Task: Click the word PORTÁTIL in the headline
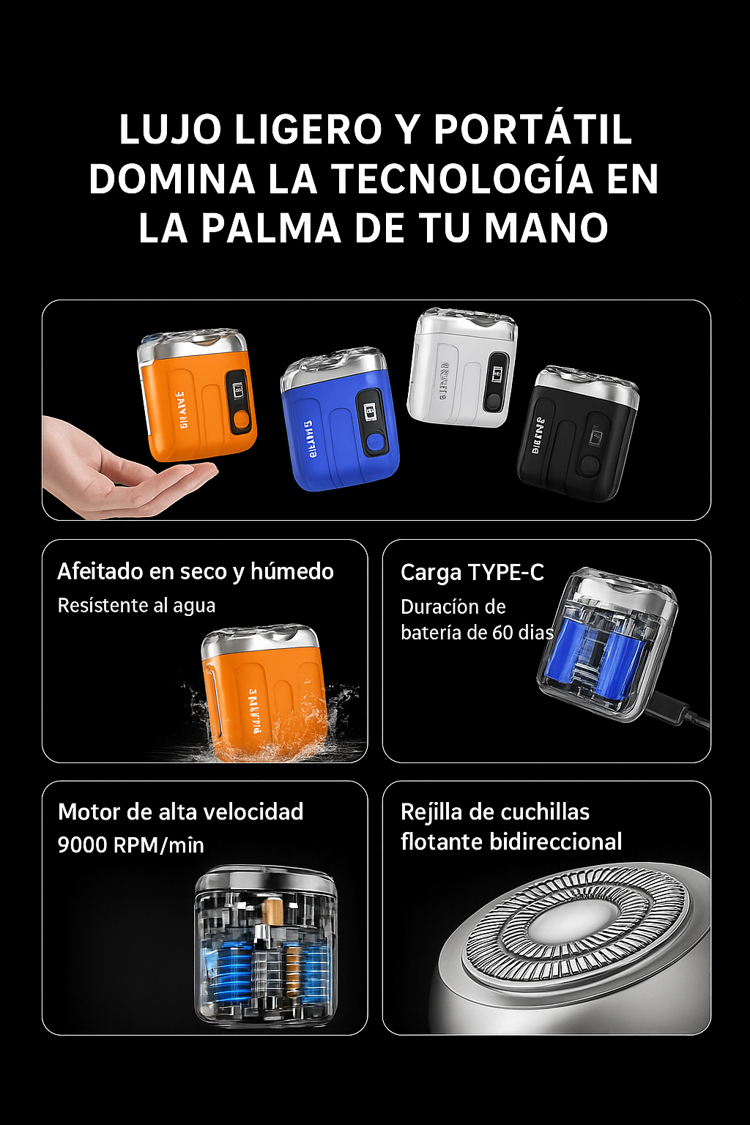coord(532,130)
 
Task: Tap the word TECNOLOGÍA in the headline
coord(462,179)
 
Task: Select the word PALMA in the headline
coord(271,228)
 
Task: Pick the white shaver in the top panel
coord(461,368)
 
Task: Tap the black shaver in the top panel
coord(579,434)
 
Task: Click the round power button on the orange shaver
coord(240,420)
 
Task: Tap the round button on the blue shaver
coord(374,442)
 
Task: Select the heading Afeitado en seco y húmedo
coord(196,571)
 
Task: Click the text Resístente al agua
coord(136,606)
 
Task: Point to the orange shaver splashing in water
coord(264,692)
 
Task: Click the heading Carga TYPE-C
coord(472,572)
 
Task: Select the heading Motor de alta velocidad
coord(180,812)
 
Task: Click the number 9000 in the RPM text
coord(82,845)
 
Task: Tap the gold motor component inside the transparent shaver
coord(272,913)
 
